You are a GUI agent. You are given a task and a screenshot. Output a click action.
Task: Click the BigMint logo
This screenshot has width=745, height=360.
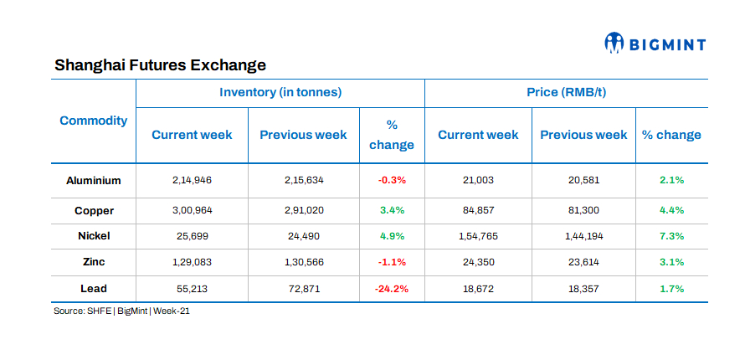coord(655,43)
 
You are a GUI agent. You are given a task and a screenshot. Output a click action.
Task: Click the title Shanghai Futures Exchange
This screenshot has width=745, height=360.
coord(160,64)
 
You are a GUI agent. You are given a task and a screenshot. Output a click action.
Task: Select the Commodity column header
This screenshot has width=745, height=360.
coord(94,121)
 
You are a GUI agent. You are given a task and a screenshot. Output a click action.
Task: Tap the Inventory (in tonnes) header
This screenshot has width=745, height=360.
coord(280,92)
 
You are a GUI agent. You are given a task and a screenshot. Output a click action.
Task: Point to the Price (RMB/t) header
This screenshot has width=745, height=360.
coord(566,92)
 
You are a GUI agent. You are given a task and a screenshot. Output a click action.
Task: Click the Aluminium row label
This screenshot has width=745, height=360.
coord(94,180)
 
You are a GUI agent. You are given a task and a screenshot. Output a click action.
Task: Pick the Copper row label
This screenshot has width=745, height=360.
coord(94,210)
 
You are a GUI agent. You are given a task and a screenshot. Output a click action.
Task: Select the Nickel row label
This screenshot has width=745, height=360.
coord(94,236)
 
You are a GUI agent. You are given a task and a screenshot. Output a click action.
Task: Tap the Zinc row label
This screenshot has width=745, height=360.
coord(94,262)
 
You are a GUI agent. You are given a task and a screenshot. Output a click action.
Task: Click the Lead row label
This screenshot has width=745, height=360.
coord(94,288)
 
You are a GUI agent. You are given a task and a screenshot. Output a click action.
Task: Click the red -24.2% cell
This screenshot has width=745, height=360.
coord(391,288)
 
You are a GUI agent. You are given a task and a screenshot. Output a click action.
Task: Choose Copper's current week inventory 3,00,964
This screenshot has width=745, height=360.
coord(192,210)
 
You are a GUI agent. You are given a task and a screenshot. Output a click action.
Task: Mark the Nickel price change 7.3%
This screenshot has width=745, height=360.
coord(670,236)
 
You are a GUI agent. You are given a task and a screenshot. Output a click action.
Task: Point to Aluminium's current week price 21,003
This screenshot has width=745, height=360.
coord(478,180)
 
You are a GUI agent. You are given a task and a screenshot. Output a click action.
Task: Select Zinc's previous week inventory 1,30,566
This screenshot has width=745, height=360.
coord(303,262)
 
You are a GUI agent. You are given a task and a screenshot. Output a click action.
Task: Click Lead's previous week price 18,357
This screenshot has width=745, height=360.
coord(583,288)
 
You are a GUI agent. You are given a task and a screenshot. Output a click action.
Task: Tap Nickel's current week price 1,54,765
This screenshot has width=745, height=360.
coord(478,236)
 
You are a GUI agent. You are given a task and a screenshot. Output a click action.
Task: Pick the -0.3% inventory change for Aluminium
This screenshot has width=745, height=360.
coord(391,180)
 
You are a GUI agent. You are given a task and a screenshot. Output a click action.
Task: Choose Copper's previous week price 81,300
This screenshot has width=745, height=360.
coord(583,210)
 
